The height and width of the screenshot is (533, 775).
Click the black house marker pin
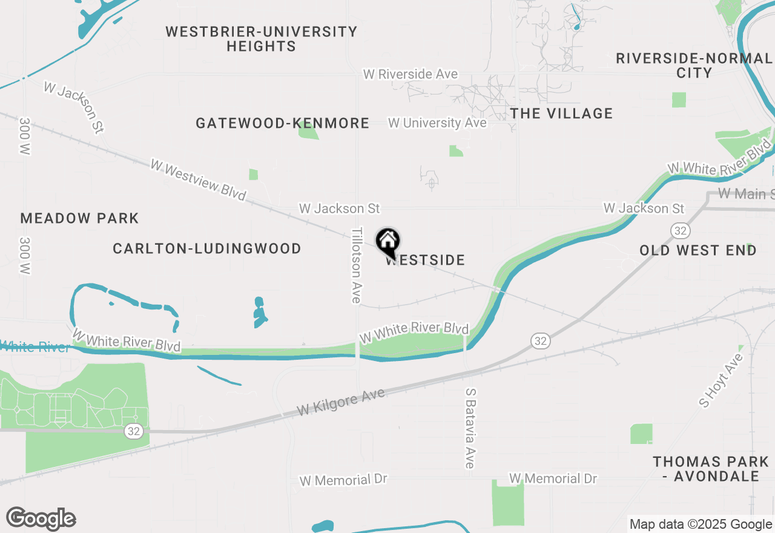click(388, 241)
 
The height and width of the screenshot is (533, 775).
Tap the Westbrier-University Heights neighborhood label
click(261, 39)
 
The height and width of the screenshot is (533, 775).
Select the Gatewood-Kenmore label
click(282, 124)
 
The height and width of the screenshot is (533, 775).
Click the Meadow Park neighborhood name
click(79, 218)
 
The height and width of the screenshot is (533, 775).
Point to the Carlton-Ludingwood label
click(207, 248)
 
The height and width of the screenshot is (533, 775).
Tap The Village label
click(561, 113)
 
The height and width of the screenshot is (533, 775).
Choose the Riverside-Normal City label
click(694, 65)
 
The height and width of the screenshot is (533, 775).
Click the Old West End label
click(697, 250)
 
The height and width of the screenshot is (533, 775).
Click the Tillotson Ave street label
click(357, 265)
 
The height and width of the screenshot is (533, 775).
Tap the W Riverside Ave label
click(410, 74)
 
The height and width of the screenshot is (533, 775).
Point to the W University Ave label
click(437, 123)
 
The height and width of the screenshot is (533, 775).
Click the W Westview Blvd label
click(198, 180)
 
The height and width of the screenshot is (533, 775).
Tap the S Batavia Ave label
click(470, 428)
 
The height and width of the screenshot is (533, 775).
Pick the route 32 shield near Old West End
click(679, 230)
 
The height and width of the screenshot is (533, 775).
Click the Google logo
click(41, 518)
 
